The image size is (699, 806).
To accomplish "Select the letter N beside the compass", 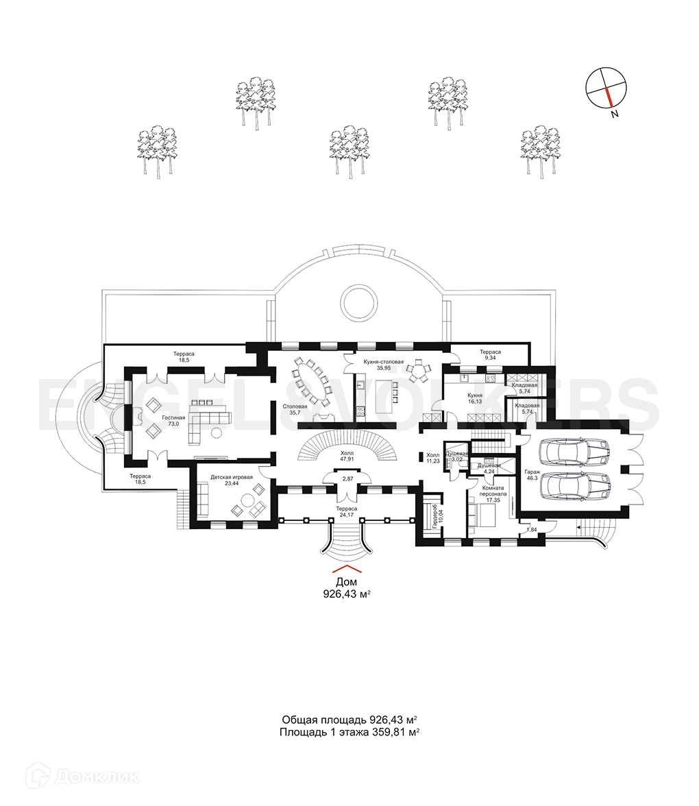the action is point(615,114).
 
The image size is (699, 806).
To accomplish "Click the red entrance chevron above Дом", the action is point(347,569).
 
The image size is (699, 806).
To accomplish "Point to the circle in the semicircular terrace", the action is point(358,302).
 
